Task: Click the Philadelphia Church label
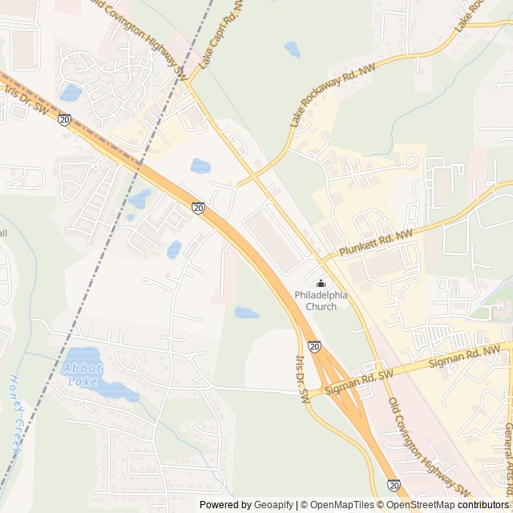(321, 301)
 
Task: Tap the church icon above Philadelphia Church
(321, 283)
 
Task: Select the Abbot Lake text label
(81, 374)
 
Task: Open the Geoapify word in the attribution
(271, 505)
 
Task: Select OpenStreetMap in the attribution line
(421, 505)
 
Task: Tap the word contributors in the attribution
(483, 505)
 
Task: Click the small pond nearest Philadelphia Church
(247, 313)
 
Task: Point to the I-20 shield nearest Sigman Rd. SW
(314, 346)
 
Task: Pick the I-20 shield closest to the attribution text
(394, 485)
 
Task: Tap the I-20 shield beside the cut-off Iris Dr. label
(64, 119)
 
